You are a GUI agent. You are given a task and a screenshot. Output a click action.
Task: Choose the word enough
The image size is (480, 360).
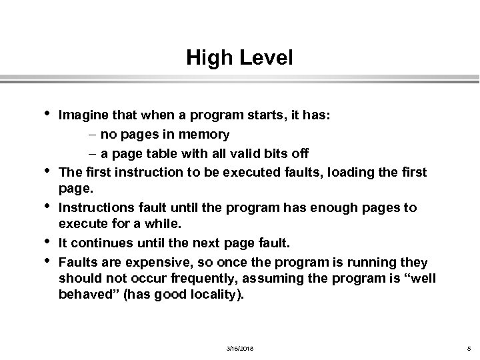pyautogui.click(x=316, y=207)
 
